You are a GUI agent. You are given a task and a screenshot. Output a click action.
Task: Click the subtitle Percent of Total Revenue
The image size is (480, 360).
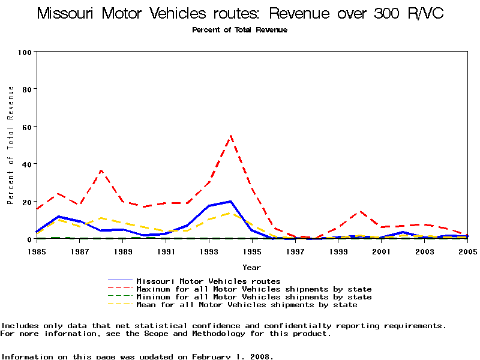(239, 30)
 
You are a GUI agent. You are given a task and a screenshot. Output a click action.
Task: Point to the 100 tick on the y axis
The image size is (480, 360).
(25, 52)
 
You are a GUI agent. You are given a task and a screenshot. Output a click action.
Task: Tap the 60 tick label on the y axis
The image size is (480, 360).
(27, 127)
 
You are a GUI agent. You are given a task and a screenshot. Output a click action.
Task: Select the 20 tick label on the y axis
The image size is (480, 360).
(27, 202)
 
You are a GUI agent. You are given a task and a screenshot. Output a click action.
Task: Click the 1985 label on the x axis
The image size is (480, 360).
(37, 251)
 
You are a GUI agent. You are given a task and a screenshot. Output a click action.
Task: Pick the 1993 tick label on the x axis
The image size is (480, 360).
(209, 251)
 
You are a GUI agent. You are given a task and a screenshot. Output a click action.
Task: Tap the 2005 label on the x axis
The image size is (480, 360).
(467, 251)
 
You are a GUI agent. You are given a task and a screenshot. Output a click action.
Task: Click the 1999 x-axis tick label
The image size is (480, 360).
(338, 251)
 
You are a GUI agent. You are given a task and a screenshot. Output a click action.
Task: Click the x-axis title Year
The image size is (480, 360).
(251, 267)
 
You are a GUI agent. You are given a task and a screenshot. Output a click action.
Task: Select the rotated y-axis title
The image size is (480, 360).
(11, 145)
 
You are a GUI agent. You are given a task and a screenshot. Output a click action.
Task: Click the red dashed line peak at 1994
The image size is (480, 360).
(231, 136)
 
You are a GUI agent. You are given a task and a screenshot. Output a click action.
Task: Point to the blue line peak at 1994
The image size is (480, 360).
(231, 202)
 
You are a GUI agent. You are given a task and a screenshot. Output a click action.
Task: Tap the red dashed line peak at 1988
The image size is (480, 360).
(101, 170)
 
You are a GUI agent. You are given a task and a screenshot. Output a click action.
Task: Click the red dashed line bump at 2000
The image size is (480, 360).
(360, 211)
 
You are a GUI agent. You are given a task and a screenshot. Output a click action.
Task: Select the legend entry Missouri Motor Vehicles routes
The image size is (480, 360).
(208, 281)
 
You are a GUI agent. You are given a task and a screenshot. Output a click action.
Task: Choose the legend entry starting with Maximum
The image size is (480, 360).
(254, 289)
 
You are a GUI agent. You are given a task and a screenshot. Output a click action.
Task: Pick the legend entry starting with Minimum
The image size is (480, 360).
(254, 297)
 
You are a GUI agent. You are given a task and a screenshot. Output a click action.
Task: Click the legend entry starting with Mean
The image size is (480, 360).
(247, 305)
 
